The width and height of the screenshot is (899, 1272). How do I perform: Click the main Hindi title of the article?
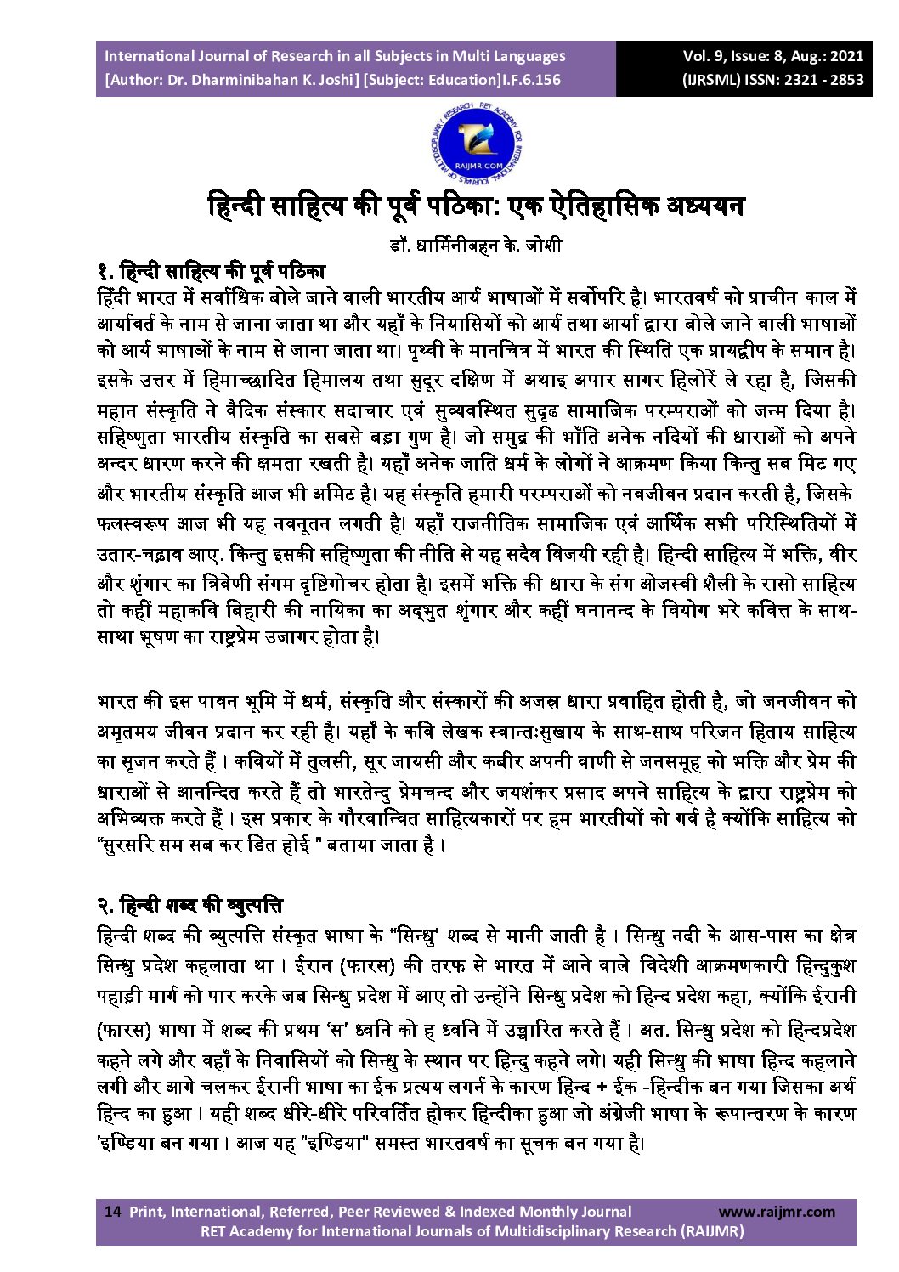click(x=476, y=206)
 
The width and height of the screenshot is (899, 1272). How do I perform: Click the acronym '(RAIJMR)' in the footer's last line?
click(x=711, y=1231)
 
